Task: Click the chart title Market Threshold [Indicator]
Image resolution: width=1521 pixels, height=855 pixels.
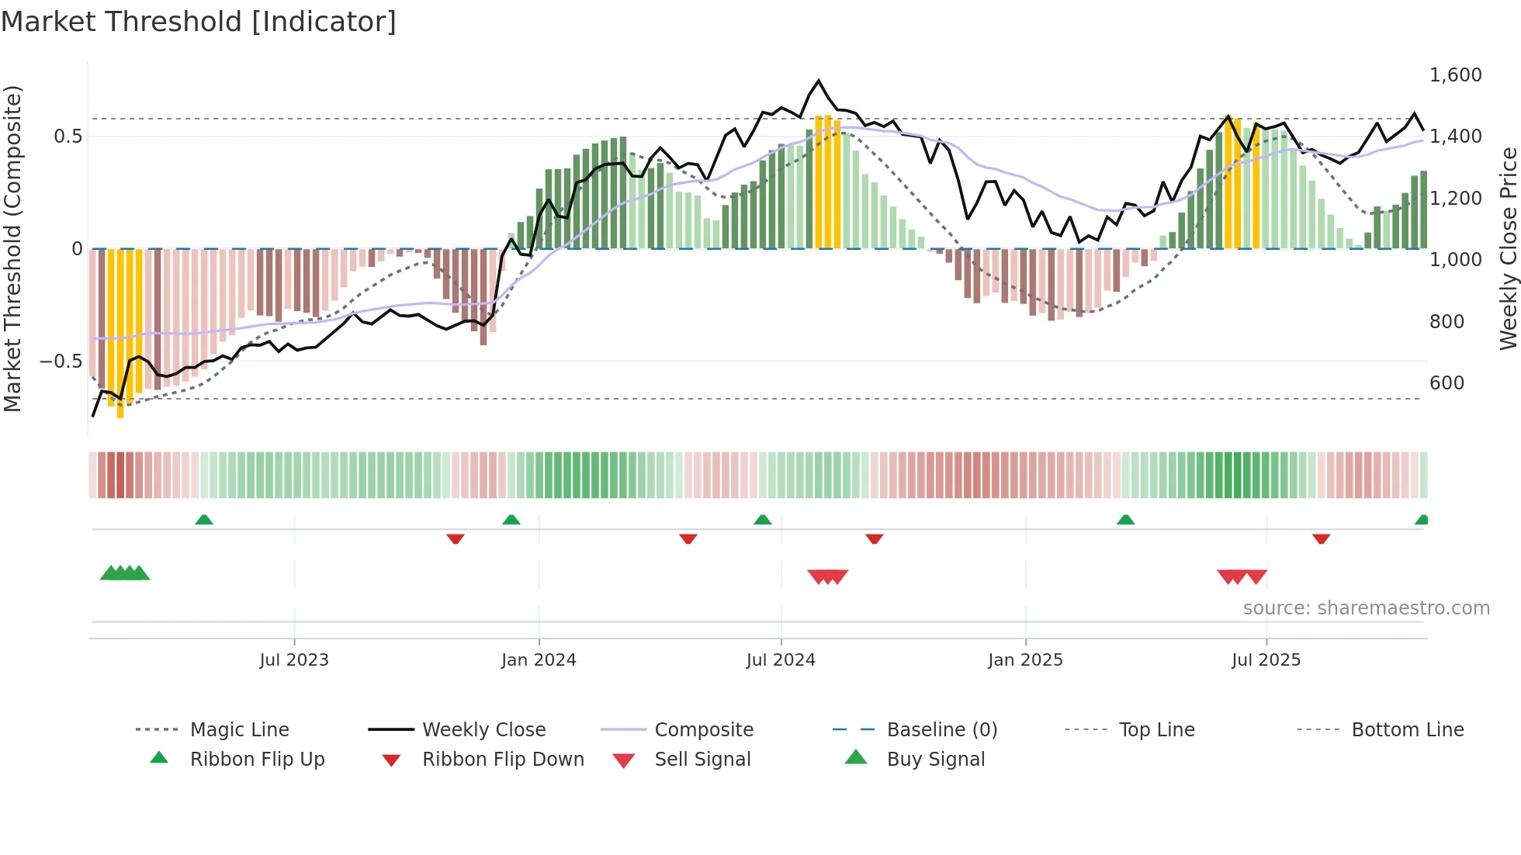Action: click(199, 22)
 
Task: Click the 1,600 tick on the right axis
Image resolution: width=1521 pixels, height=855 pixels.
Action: click(1455, 75)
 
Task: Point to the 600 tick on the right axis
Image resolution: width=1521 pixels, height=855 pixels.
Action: click(1447, 382)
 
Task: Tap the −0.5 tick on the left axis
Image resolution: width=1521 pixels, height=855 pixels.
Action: click(61, 361)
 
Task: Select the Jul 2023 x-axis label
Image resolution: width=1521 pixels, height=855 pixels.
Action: click(294, 660)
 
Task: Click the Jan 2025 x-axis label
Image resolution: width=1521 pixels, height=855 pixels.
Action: click(1025, 660)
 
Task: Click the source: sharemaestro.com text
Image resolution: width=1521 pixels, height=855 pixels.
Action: click(1366, 608)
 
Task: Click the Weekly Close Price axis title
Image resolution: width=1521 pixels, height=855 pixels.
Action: click(1508, 248)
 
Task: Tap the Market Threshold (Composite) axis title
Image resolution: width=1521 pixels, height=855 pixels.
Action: click(12, 248)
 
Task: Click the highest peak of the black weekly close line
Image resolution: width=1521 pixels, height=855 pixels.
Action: click(818, 81)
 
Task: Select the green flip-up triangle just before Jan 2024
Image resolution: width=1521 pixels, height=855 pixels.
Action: click(511, 520)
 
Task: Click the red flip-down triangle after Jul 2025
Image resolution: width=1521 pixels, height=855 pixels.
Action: click(1321, 538)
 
